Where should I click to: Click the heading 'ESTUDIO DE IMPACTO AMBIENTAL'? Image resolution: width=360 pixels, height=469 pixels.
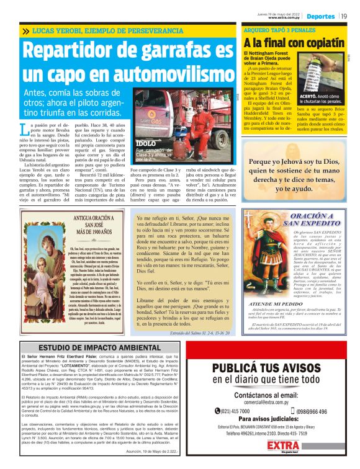91,347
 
